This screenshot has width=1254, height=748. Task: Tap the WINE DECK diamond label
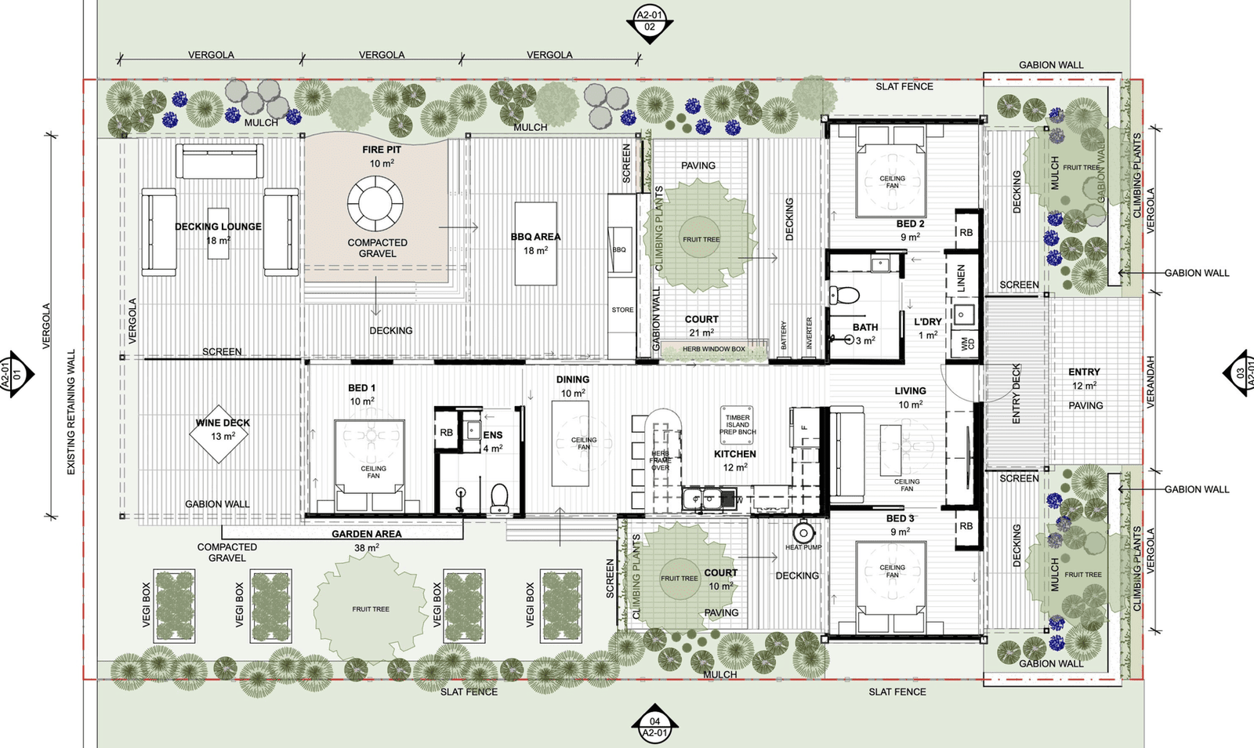(x=222, y=433)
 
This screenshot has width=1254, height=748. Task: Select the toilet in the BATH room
(x=845, y=296)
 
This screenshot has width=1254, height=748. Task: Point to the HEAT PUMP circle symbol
(x=803, y=532)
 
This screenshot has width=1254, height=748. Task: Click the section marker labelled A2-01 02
(x=650, y=21)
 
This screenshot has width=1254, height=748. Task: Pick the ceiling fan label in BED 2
(x=892, y=182)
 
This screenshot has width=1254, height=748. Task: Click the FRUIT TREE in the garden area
(x=370, y=608)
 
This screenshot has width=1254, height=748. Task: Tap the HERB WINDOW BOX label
(x=713, y=349)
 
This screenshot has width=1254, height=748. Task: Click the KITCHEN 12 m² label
(x=734, y=460)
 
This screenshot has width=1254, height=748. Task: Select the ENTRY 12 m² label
(x=1084, y=378)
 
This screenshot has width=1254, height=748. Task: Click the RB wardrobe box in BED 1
(x=446, y=433)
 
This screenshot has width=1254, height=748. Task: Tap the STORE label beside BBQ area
(x=622, y=310)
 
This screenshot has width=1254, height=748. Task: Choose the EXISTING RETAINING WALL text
(x=71, y=412)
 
